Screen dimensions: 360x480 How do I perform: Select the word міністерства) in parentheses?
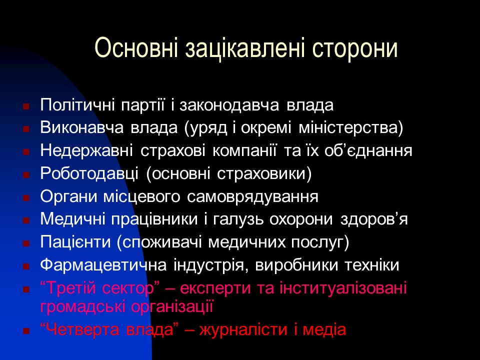pos(350,128)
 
